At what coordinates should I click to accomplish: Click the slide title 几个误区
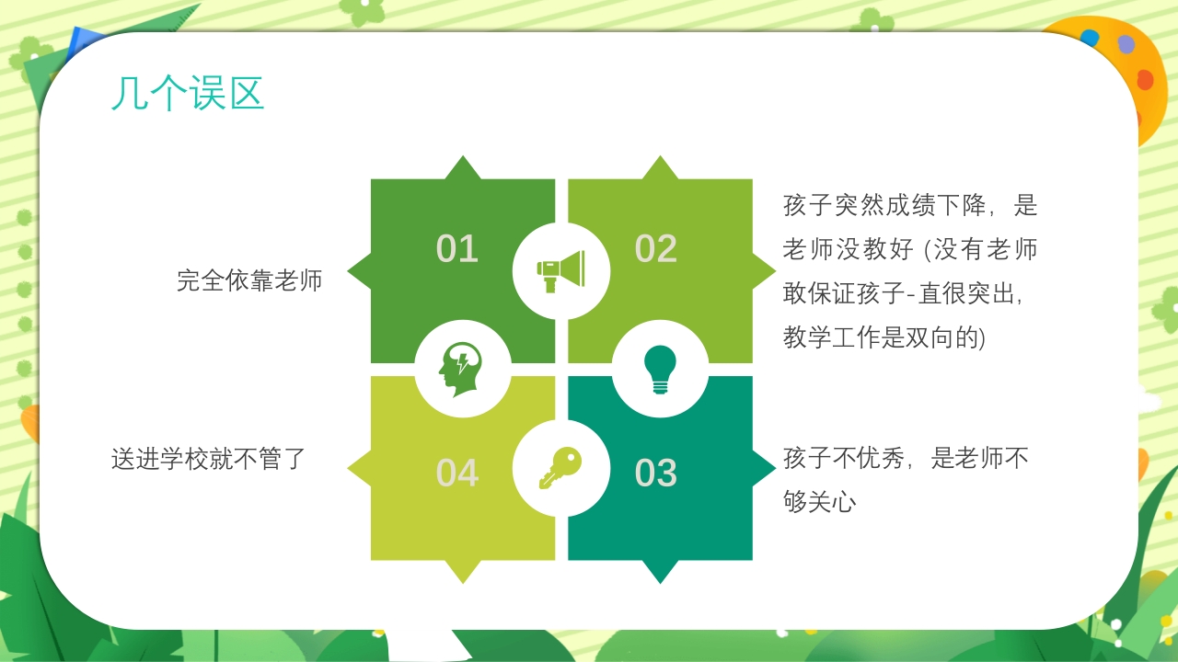188,94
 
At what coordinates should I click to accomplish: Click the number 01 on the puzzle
457,249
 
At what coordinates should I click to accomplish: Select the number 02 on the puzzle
656,249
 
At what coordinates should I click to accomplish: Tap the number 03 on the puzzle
656,473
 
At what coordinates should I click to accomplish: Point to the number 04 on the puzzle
457,473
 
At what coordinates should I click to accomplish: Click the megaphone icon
560,270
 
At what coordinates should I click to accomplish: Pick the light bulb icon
660,369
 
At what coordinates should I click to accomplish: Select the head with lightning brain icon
462,369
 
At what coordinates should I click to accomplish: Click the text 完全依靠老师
249,280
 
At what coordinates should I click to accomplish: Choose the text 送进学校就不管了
208,458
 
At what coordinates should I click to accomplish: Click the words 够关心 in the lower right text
820,502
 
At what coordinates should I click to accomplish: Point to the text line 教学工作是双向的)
883,337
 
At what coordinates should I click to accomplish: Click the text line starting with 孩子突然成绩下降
910,205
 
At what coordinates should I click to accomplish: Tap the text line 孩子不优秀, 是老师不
906,458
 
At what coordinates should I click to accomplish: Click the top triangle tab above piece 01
462,169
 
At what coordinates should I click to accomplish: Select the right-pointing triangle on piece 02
764,270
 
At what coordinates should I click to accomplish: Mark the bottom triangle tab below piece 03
660,571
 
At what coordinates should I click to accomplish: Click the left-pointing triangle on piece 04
359,468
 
